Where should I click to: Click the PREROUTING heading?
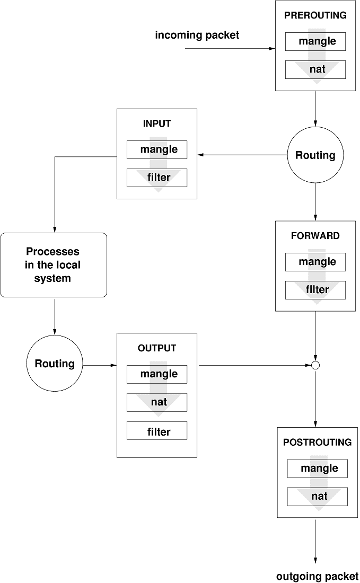(315, 15)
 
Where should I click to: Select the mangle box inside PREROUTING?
(315, 41)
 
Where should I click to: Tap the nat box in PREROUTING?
(315, 69)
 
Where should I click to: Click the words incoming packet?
(197, 36)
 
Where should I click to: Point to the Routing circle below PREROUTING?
(315, 155)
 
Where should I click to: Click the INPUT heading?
(157, 123)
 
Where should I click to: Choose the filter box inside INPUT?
(157, 178)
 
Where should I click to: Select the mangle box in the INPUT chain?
(157, 149)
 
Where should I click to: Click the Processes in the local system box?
(54, 264)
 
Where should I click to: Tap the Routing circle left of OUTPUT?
(54, 364)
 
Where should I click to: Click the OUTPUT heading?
(157, 348)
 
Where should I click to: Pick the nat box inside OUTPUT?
(157, 402)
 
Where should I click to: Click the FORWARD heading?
(315, 236)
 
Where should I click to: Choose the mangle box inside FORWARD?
(315, 262)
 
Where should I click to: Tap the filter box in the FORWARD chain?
(315, 290)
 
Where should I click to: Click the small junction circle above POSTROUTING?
(315, 365)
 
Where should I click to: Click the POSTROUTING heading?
(317, 442)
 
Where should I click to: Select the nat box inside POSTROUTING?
(317, 497)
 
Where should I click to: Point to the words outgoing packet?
(317, 577)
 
